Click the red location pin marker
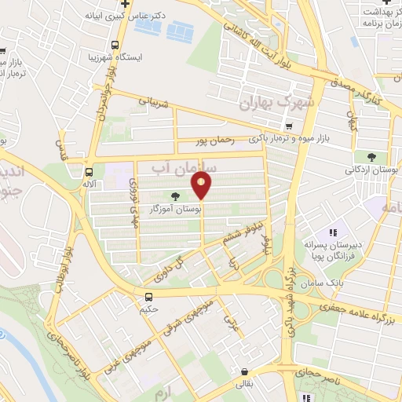202,186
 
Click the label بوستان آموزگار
178,210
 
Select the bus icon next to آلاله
89,171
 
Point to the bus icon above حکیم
149,296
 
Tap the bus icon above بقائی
245,372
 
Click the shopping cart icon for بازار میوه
290,126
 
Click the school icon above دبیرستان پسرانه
333,232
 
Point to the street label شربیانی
154,100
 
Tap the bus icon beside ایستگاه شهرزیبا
115,45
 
